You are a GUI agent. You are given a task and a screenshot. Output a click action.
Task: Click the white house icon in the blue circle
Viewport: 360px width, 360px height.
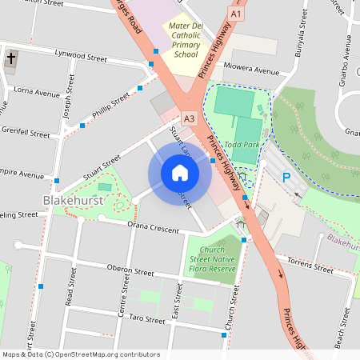pos(179,172)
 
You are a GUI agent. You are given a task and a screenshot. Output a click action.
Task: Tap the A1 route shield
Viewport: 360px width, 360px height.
pos(234,14)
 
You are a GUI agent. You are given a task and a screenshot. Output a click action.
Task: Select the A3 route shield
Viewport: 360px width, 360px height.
pos(189,118)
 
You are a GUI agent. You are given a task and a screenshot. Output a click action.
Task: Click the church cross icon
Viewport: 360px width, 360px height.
pos(11,59)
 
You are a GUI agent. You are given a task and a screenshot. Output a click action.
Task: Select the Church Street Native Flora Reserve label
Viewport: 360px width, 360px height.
pos(213,260)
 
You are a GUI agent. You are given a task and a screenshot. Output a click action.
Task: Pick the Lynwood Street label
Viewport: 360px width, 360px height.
pos(80,58)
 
